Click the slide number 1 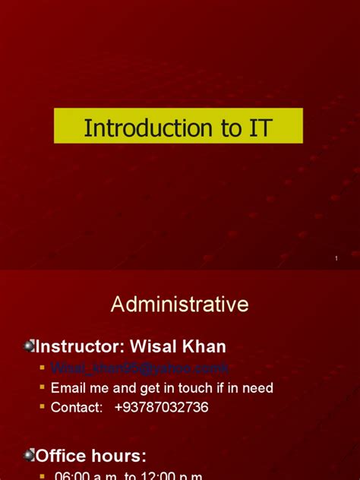click(x=336, y=260)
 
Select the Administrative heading click(x=179, y=305)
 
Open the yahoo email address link click(x=139, y=368)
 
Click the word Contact click(x=76, y=408)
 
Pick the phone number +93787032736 click(x=161, y=408)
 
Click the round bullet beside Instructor click(x=29, y=347)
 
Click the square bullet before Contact click(x=43, y=408)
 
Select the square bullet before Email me click(x=43, y=388)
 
